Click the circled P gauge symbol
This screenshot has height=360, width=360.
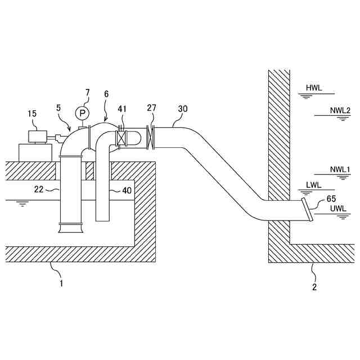[x=83, y=113]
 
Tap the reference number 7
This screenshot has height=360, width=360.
[x=87, y=92]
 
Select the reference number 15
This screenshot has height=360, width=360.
[x=33, y=114]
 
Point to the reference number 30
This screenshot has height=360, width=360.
[x=183, y=109]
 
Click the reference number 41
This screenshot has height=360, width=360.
[x=123, y=109]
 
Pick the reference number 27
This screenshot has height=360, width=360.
[x=152, y=109]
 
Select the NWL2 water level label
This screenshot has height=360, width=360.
[x=340, y=110]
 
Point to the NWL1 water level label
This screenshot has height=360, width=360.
[x=340, y=169]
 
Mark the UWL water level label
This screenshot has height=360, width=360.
[x=339, y=208]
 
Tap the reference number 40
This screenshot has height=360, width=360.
[x=127, y=190]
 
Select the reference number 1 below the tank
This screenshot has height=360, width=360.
[x=61, y=283]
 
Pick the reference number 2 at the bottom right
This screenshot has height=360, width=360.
[x=314, y=287]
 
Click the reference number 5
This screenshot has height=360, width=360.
[x=59, y=106]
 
